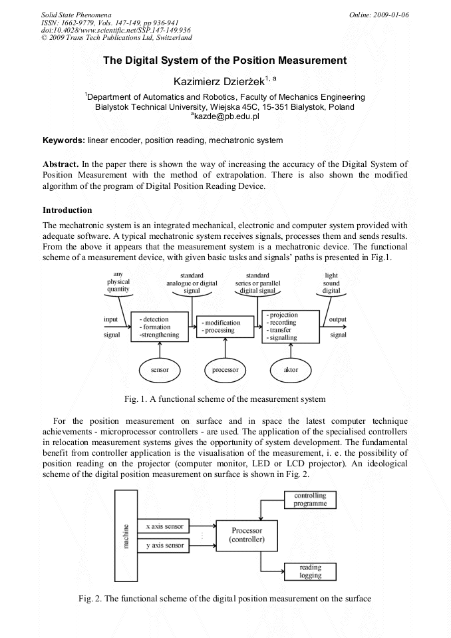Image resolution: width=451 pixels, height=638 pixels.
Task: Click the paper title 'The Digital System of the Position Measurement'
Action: click(225, 61)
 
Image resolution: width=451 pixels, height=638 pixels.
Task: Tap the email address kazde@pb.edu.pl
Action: click(225, 116)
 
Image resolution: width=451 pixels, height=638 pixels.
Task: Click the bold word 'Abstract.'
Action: click(61, 164)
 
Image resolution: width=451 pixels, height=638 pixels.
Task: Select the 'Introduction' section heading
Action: click(67, 210)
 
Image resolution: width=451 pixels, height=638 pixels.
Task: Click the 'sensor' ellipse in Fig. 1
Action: click(160, 369)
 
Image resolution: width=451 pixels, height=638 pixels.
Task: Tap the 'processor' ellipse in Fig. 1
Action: click(225, 369)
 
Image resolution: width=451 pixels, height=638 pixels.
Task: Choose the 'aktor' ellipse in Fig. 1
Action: click(291, 369)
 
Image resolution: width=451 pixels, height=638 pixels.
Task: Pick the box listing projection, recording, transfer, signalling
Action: click(291, 327)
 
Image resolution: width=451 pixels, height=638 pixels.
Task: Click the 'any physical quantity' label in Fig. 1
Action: click(118, 282)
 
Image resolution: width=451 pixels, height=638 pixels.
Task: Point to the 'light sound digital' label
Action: click(331, 282)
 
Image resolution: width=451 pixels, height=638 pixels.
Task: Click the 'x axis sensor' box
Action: click(164, 526)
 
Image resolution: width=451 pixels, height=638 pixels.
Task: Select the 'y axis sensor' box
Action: click(164, 546)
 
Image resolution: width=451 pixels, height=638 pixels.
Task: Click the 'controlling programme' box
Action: click(310, 500)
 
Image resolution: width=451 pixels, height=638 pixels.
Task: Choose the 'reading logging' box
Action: click(310, 571)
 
